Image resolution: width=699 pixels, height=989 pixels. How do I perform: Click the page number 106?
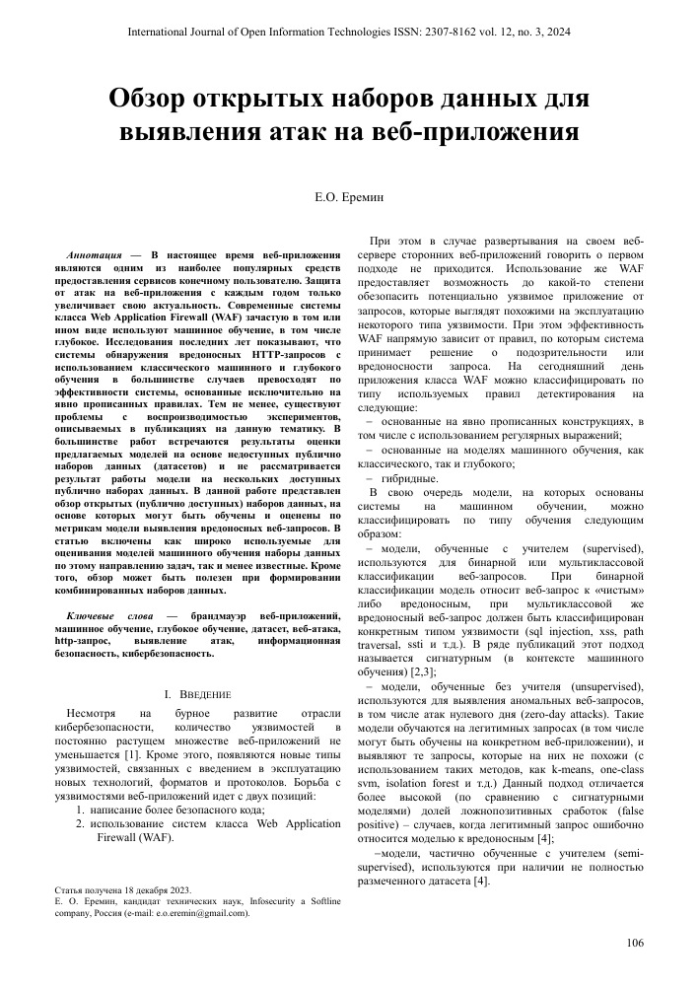click(x=634, y=944)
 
